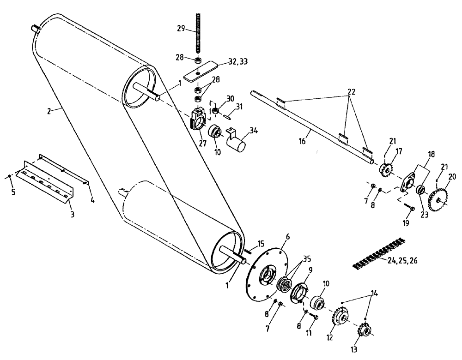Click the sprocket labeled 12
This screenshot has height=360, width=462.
(x=340, y=318)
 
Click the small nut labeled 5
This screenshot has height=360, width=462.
(x=9, y=177)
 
